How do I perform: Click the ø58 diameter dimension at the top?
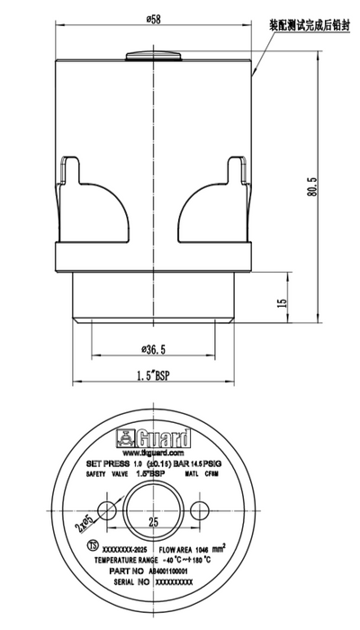[x=154, y=18]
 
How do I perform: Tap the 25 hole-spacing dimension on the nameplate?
[x=154, y=521]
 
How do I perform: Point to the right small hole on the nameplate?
[x=200, y=509]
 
